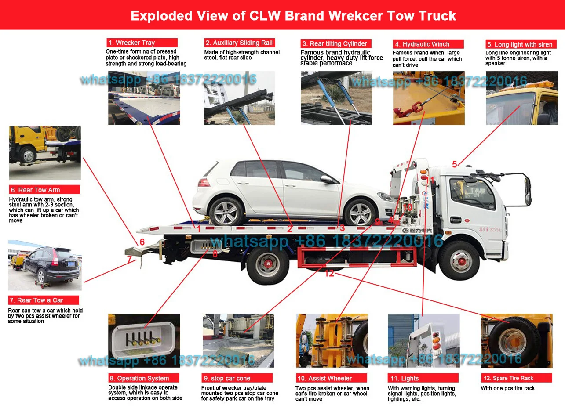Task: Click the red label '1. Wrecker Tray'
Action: click(x=142, y=43)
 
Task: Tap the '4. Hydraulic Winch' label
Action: click(x=428, y=44)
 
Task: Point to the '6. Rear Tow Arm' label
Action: click(x=44, y=190)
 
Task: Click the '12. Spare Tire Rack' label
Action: click(x=516, y=378)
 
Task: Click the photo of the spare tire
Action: click(x=516, y=340)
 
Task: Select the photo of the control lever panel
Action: click(x=144, y=340)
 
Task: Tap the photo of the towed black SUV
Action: click(x=44, y=265)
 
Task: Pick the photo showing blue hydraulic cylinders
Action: click(x=336, y=98)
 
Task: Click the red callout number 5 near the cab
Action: click(x=455, y=165)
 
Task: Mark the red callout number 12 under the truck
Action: click(x=329, y=274)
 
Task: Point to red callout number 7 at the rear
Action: click(x=129, y=260)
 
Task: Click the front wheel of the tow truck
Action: click(x=459, y=260)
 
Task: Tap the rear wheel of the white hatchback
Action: click(x=227, y=211)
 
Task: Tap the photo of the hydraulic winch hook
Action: click(x=428, y=98)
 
